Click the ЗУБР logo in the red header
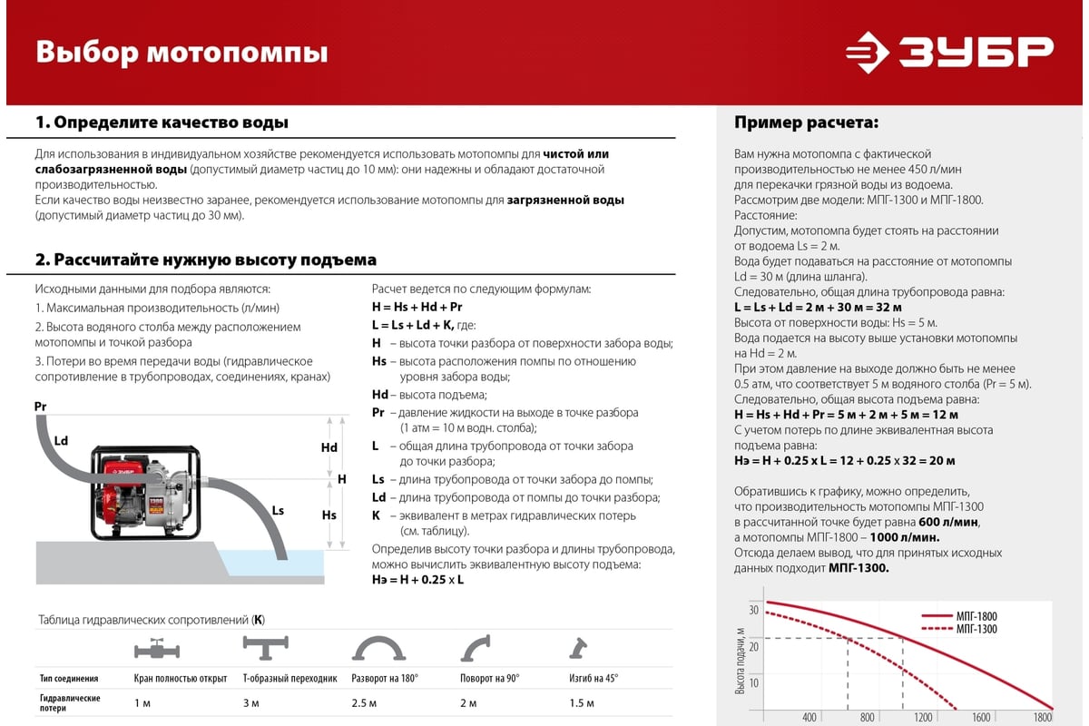coord(950,52)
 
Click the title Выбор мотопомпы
coord(181,51)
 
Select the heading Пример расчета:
coord(806,123)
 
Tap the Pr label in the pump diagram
coord(40,406)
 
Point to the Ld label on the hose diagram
coord(61,440)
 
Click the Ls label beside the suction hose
coord(278,511)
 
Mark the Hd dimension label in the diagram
coord(329,447)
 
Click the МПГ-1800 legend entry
coord(976,616)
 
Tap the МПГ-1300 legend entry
coord(976,629)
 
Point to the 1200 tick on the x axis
coord(923,718)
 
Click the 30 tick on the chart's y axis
coord(753,609)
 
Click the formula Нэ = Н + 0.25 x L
coord(418,579)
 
